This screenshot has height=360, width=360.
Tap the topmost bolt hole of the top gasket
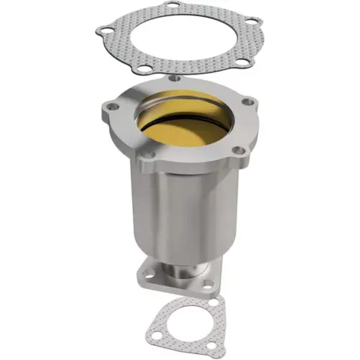pos(173,8)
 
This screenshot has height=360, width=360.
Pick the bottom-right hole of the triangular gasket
pos(202,347)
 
